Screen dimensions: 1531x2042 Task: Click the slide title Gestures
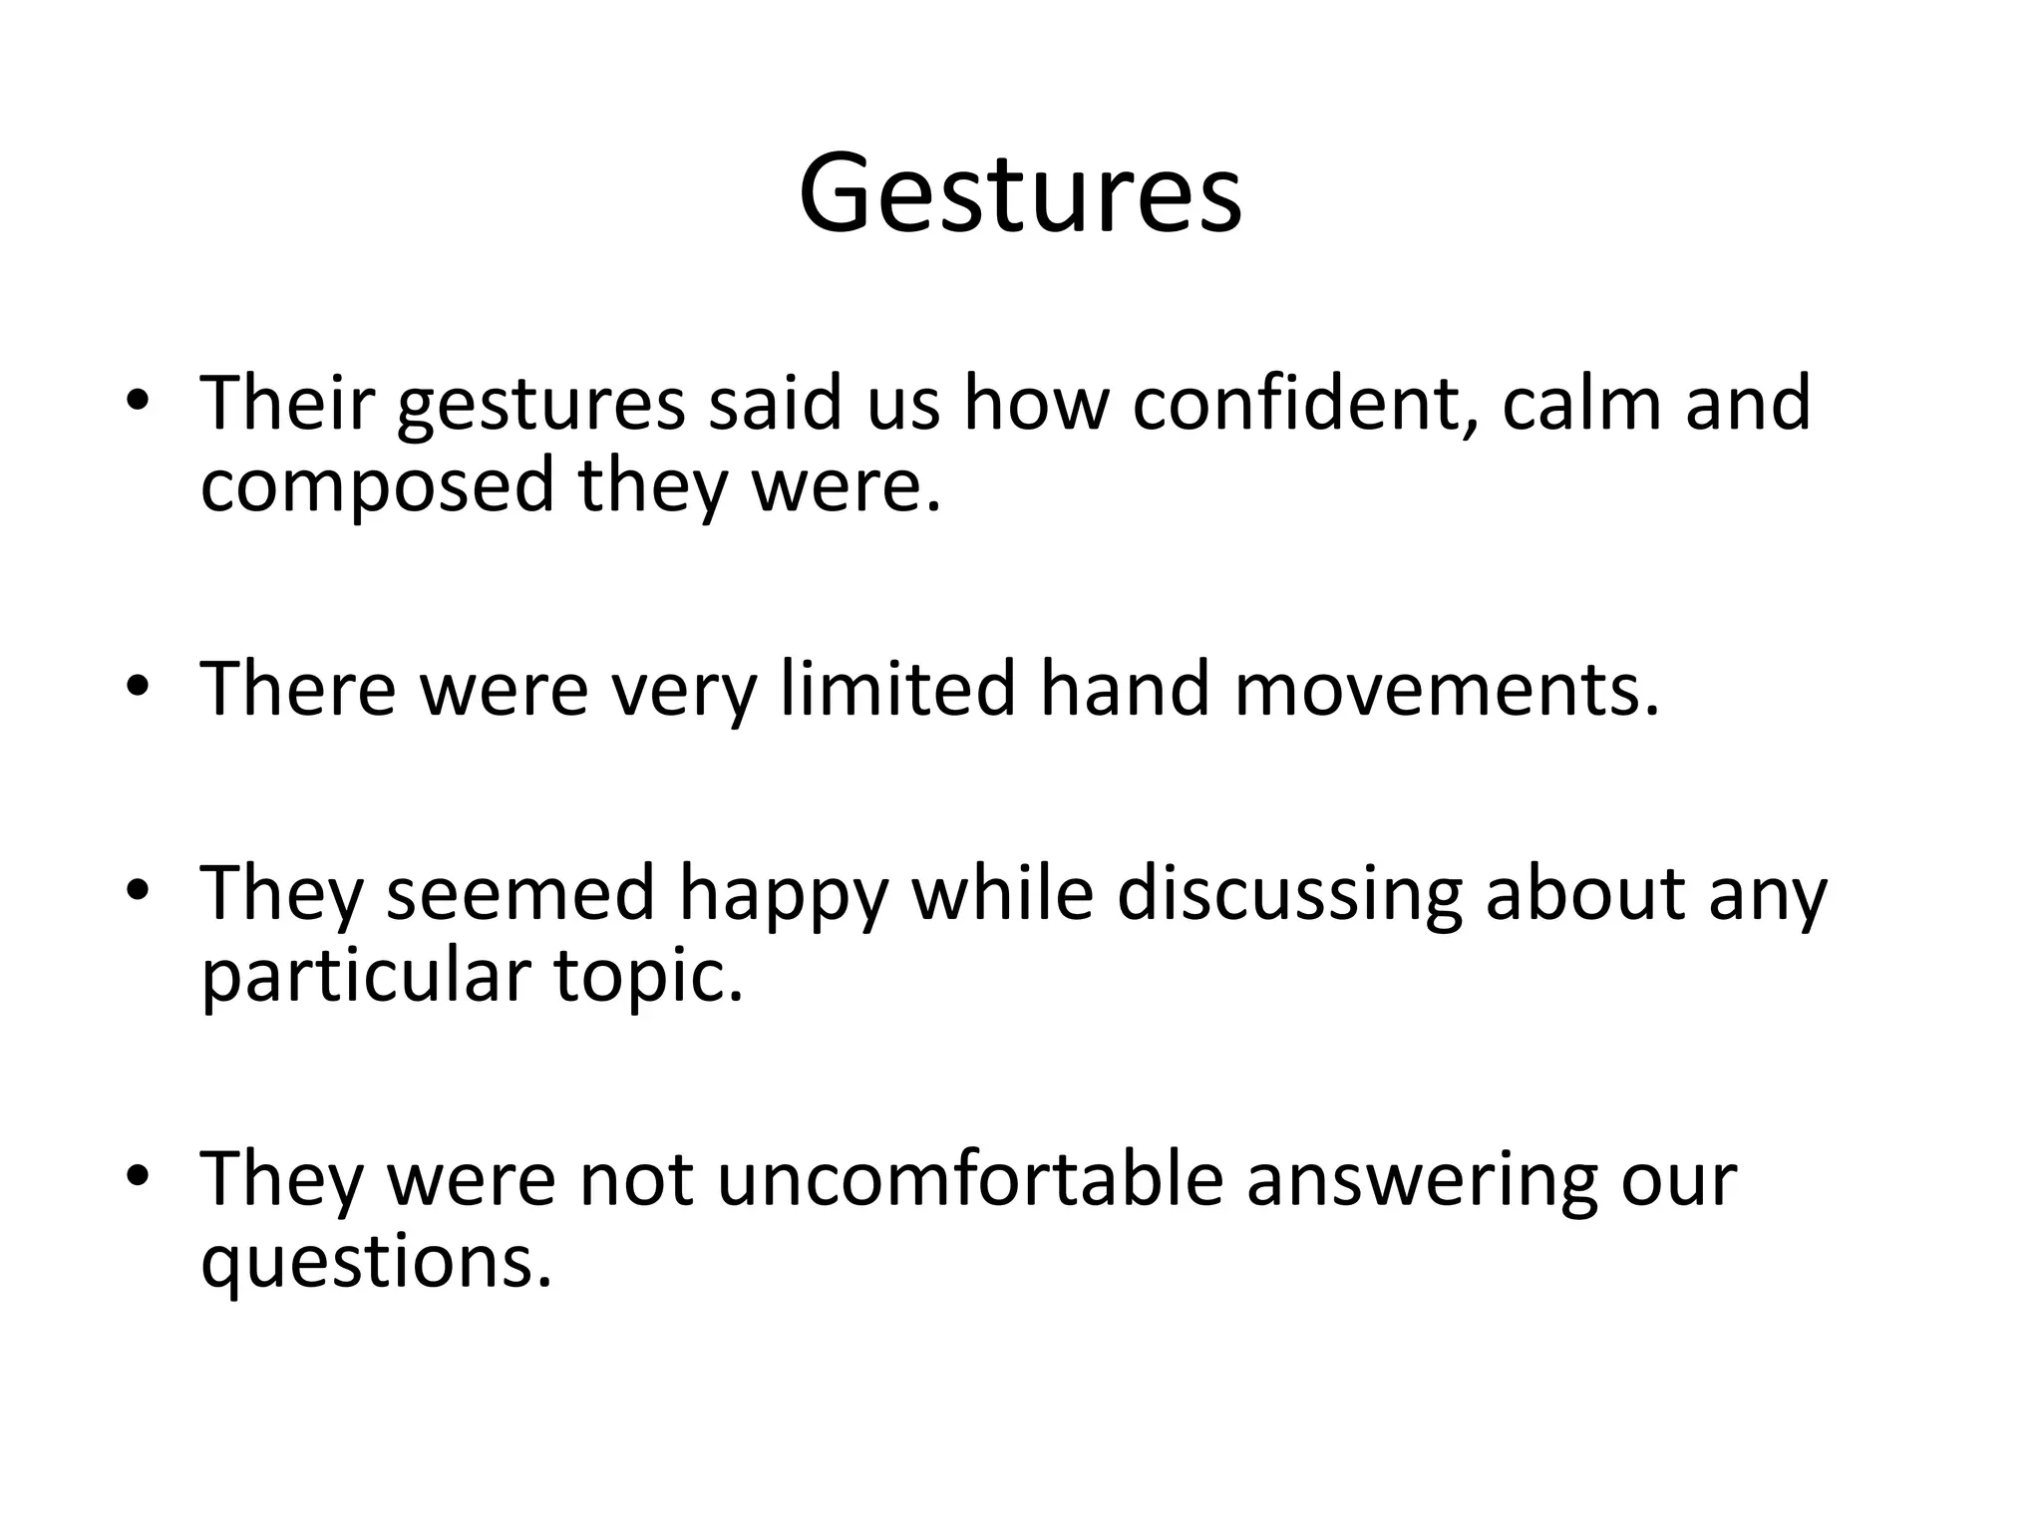tap(1020, 194)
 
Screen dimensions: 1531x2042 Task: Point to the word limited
tap(896, 689)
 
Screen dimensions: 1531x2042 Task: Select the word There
tap(298, 689)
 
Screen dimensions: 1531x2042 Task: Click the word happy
tap(783, 894)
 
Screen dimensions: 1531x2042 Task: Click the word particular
tap(364, 977)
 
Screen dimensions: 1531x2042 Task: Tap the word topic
tap(648, 977)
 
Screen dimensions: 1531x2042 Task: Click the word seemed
tap(520, 894)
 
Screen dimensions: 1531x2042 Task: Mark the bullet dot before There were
tap(138, 687)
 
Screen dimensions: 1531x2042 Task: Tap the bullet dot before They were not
tap(138, 1177)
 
